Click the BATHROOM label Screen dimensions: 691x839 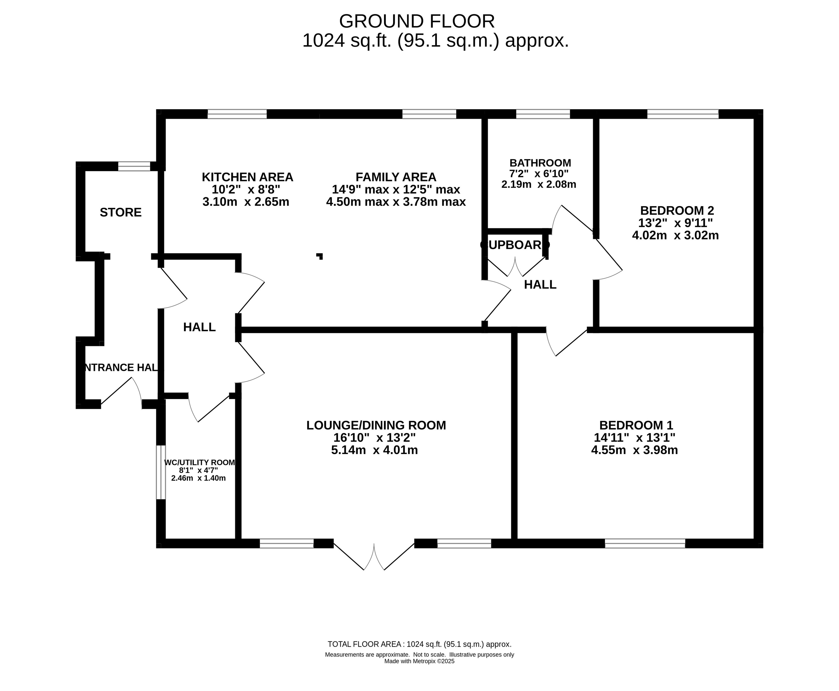(540, 163)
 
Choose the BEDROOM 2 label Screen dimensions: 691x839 (677, 210)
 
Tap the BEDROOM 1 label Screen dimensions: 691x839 (636, 425)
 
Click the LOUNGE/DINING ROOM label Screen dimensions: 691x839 (376, 425)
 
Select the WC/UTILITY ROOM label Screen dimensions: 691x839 (200, 463)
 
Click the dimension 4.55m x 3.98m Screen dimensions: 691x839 (634, 450)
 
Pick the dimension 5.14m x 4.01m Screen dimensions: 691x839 (374, 450)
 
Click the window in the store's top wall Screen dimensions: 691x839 (134, 166)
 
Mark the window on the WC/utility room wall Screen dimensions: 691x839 (160, 472)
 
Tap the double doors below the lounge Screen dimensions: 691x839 (374, 556)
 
